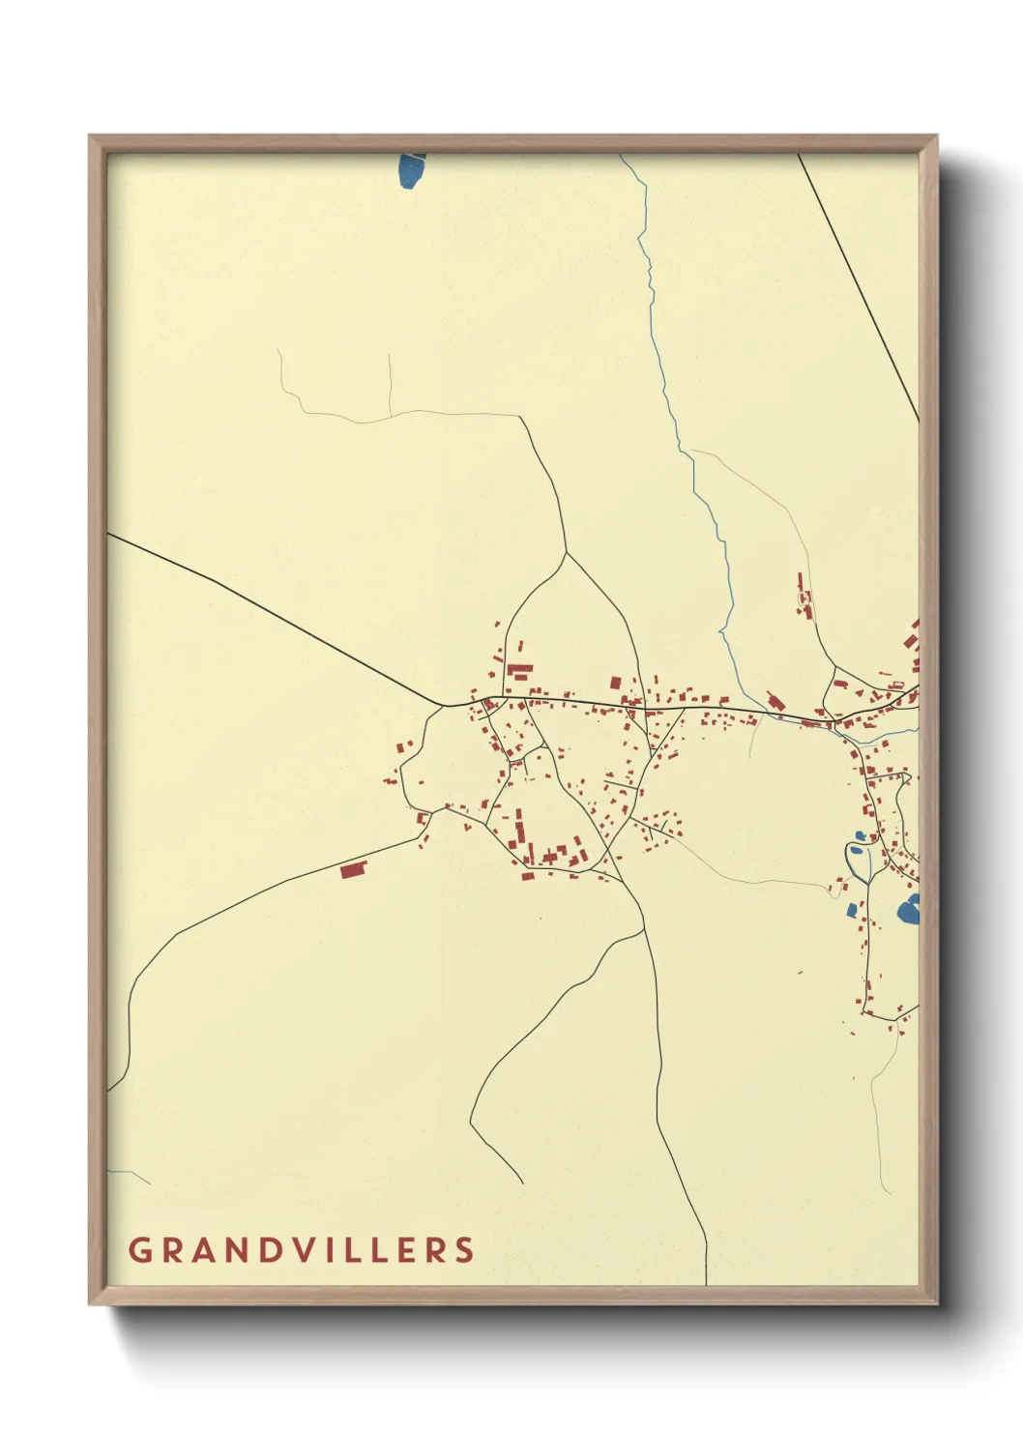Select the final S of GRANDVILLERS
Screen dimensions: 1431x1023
(465, 1249)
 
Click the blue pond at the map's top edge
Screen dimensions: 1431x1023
(411, 171)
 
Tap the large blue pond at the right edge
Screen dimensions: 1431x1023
(909, 910)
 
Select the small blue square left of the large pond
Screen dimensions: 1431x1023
(851, 909)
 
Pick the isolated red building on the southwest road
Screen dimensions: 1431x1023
(354, 870)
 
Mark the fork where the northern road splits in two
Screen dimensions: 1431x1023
(566, 553)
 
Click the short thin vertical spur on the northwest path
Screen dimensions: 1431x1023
(390, 382)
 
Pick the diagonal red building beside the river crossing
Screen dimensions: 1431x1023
(773, 699)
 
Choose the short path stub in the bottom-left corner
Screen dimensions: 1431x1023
(131, 1174)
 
